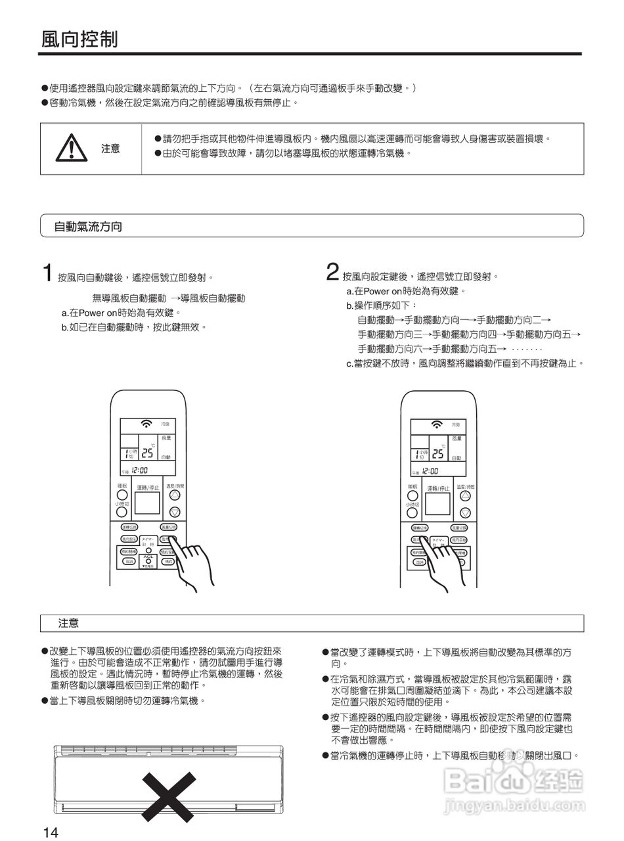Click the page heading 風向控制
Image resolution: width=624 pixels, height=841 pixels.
click(x=79, y=39)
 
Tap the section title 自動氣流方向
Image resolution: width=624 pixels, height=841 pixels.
click(x=88, y=227)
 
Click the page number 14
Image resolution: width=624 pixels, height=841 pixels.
click(x=51, y=832)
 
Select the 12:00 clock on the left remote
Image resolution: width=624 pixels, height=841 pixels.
click(x=139, y=470)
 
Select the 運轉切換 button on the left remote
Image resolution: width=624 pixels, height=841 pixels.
click(x=129, y=527)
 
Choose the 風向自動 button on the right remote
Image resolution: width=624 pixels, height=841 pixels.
click(x=458, y=539)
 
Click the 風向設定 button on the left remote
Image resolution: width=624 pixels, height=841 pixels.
click(x=129, y=539)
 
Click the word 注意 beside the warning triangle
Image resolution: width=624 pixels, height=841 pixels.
click(x=110, y=148)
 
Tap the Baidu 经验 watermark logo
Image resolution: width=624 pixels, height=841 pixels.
click(x=513, y=781)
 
